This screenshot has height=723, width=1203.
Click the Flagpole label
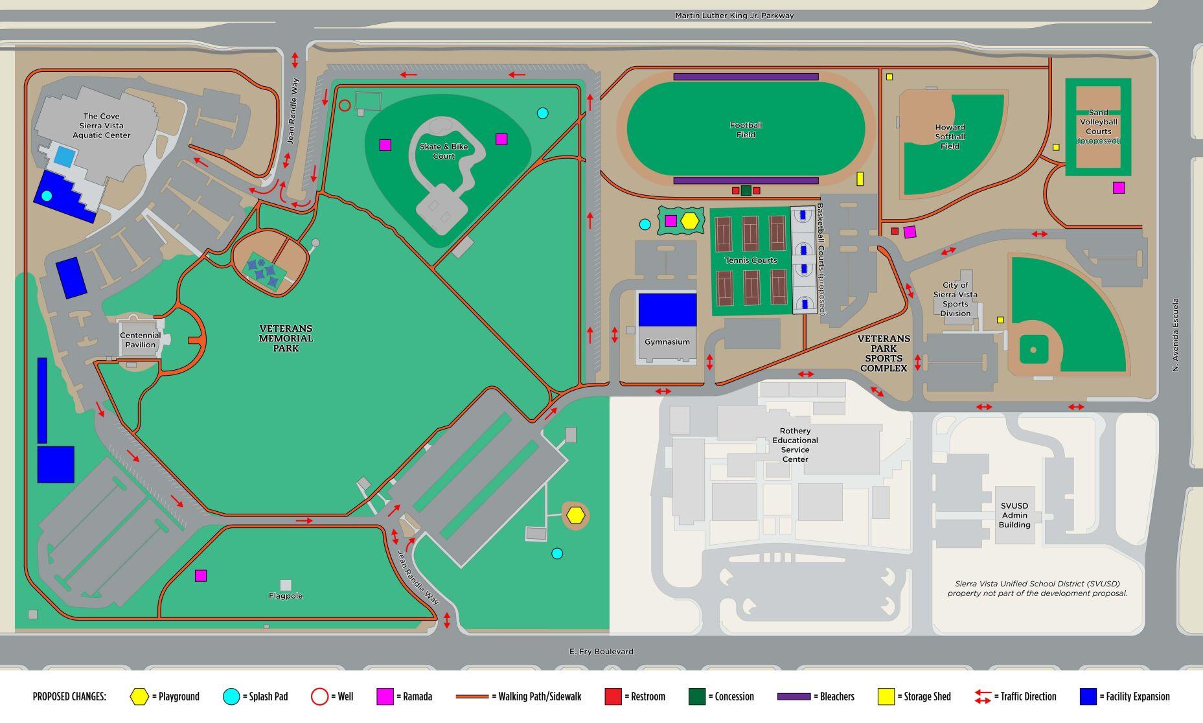tap(286, 596)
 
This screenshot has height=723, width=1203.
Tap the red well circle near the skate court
tap(345, 106)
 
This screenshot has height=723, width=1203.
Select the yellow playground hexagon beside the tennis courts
tap(691, 221)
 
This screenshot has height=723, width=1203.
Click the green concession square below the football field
tap(746, 190)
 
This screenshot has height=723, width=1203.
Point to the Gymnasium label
tap(667, 342)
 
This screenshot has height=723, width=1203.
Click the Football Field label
tap(746, 130)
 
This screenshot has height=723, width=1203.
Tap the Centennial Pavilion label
tap(141, 340)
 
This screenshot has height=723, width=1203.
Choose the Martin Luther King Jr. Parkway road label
tap(734, 16)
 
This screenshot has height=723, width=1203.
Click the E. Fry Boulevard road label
tap(601, 652)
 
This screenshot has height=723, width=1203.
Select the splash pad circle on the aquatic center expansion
tap(47, 196)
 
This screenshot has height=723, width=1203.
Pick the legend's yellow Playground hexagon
tap(139, 697)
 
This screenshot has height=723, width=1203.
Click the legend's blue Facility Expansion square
tap(1088, 697)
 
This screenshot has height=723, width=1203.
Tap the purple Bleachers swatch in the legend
tap(794, 697)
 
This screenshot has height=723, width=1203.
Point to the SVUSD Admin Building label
tap(1014, 516)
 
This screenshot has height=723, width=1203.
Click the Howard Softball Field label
tap(950, 137)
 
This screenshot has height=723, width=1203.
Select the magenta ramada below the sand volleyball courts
tap(1119, 188)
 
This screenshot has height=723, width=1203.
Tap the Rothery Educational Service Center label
tap(795, 445)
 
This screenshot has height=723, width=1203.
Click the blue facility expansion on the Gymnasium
tap(667, 310)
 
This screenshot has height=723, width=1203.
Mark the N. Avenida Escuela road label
tap(1175, 335)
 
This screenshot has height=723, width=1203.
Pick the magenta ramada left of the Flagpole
tap(201, 575)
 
